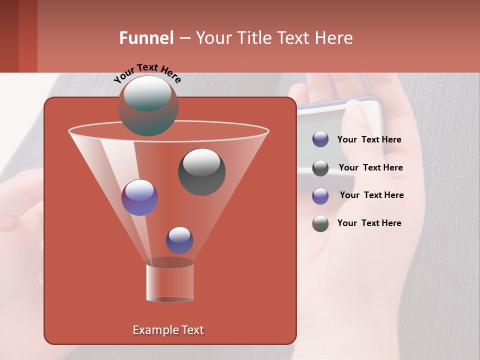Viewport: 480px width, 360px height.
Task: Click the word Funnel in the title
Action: pyautogui.click(x=146, y=38)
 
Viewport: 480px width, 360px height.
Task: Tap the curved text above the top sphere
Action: pyautogui.click(x=147, y=73)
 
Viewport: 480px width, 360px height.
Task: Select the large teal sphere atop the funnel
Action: pyautogui.click(x=148, y=106)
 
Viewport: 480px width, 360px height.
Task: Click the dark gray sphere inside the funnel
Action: pyautogui.click(x=201, y=172)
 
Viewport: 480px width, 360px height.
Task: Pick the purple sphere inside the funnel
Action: pyautogui.click(x=139, y=197)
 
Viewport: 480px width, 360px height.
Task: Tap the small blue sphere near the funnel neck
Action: pyautogui.click(x=179, y=240)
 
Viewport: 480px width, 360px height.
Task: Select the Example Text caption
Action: pyautogui.click(x=168, y=330)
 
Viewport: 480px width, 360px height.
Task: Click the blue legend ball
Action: pyautogui.click(x=320, y=139)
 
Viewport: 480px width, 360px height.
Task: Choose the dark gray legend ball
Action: pyautogui.click(x=320, y=168)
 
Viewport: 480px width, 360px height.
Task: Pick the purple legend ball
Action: pyautogui.click(x=320, y=196)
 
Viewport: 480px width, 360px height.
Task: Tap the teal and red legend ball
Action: pyautogui.click(x=320, y=223)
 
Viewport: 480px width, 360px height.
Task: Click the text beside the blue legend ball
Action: pyautogui.click(x=369, y=140)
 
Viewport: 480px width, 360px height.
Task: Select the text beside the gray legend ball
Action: pyautogui.click(x=370, y=168)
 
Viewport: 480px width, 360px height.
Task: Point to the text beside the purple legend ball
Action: pyautogui.click(x=371, y=195)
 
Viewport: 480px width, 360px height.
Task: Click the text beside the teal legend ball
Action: pyautogui.click(x=369, y=223)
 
